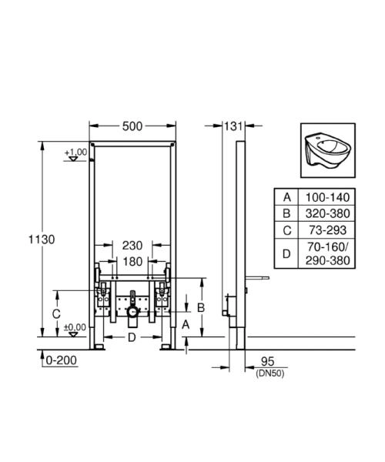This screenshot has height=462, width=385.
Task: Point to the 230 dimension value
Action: pyautogui.click(x=132, y=245)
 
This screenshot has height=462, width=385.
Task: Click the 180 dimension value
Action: pyautogui.click(x=132, y=261)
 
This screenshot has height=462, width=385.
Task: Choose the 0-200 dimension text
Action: pyautogui.click(x=62, y=360)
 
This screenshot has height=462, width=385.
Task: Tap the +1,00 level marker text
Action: pyautogui.click(x=75, y=152)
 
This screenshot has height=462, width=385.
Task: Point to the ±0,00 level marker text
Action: pyautogui.click(x=75, y=326)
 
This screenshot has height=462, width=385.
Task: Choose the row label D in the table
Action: pyautogui.click(x=286, y=253)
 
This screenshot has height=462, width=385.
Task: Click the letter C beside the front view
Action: pyautogui.click(x=55, y=314)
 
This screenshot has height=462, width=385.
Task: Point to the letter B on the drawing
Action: pyautogui.click(x=200, y=306)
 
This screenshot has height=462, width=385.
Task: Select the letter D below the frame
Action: pyautogui.click(x=132, y=337)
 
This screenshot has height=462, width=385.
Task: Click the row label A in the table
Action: pyautogui.click(x=286, y=197)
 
